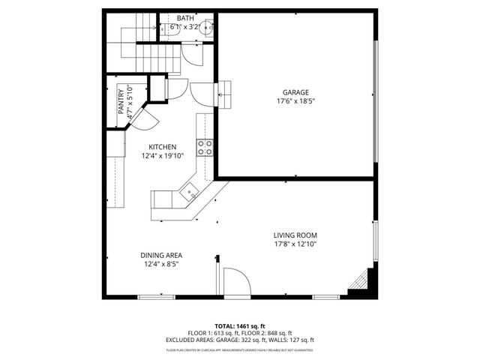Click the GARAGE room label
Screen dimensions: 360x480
[295, 92]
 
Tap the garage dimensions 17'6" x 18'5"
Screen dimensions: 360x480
[295, 101]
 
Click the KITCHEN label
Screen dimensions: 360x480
[162, 147]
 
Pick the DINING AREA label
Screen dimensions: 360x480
[161, 255]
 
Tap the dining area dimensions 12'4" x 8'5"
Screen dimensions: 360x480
[161, 264]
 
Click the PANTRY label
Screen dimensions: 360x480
[121, 101]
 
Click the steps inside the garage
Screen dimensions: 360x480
[226, 94]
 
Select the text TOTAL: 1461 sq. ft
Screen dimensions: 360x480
[240, 326]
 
